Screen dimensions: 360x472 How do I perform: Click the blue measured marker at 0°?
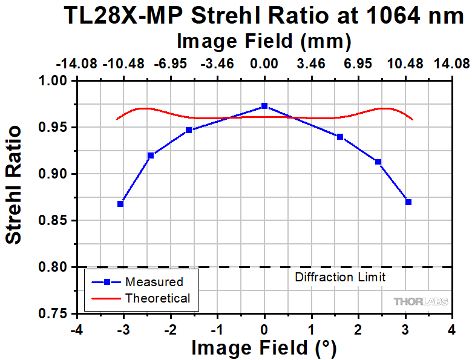coord(264,106)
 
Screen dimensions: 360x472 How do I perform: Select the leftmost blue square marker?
coord(120,204)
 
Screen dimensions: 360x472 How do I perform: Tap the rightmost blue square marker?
coord(408,202)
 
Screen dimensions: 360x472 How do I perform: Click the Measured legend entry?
coord(154,282)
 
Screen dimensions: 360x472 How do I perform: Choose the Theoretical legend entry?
coord(157,298)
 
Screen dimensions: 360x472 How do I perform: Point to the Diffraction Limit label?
coord(340,278)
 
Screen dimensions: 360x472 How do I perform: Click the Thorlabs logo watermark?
coord(421,301)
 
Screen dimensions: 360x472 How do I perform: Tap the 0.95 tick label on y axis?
coord(57,128)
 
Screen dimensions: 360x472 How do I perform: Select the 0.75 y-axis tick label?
coord(57,313)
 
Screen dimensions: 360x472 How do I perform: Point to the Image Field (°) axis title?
coord(263,348)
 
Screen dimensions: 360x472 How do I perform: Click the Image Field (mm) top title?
coord(264,42)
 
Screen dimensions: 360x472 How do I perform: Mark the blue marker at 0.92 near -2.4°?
coord(151,155)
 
